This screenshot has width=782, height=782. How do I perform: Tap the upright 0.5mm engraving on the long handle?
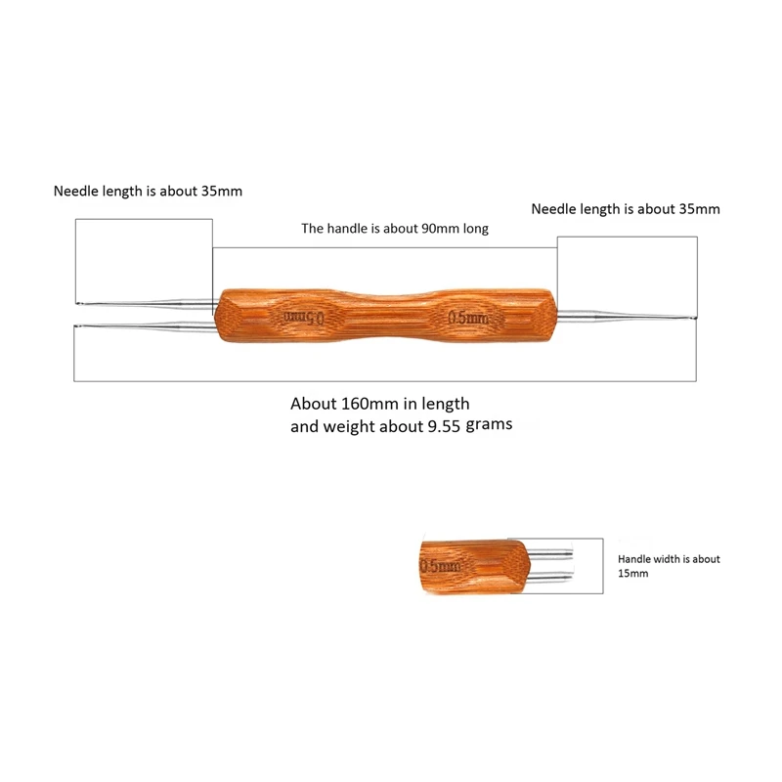(467, 318)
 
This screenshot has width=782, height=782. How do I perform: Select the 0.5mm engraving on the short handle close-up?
(440, 566)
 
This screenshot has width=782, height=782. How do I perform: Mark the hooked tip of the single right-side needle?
(695, 319)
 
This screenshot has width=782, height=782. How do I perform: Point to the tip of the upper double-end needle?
(77, 302)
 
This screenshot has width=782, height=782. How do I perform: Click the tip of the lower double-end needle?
(77, 326)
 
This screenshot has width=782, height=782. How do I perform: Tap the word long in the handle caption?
(475, 229)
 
